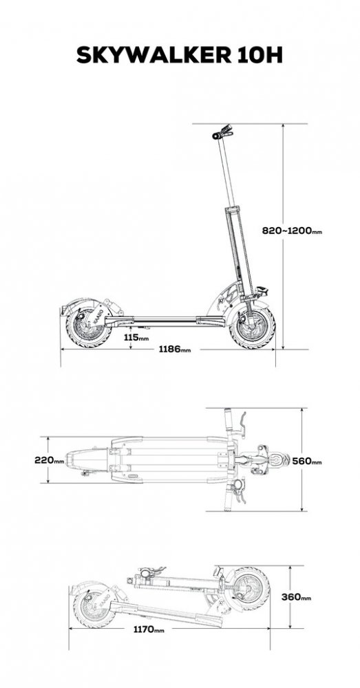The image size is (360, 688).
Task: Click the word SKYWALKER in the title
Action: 155,55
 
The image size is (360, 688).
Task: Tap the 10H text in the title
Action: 261,55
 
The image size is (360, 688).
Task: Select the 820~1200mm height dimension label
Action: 292,230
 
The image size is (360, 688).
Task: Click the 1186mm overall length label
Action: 175,350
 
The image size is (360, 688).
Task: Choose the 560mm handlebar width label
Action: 307,461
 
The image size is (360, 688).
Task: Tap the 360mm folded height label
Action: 297,596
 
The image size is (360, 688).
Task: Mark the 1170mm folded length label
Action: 149,630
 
